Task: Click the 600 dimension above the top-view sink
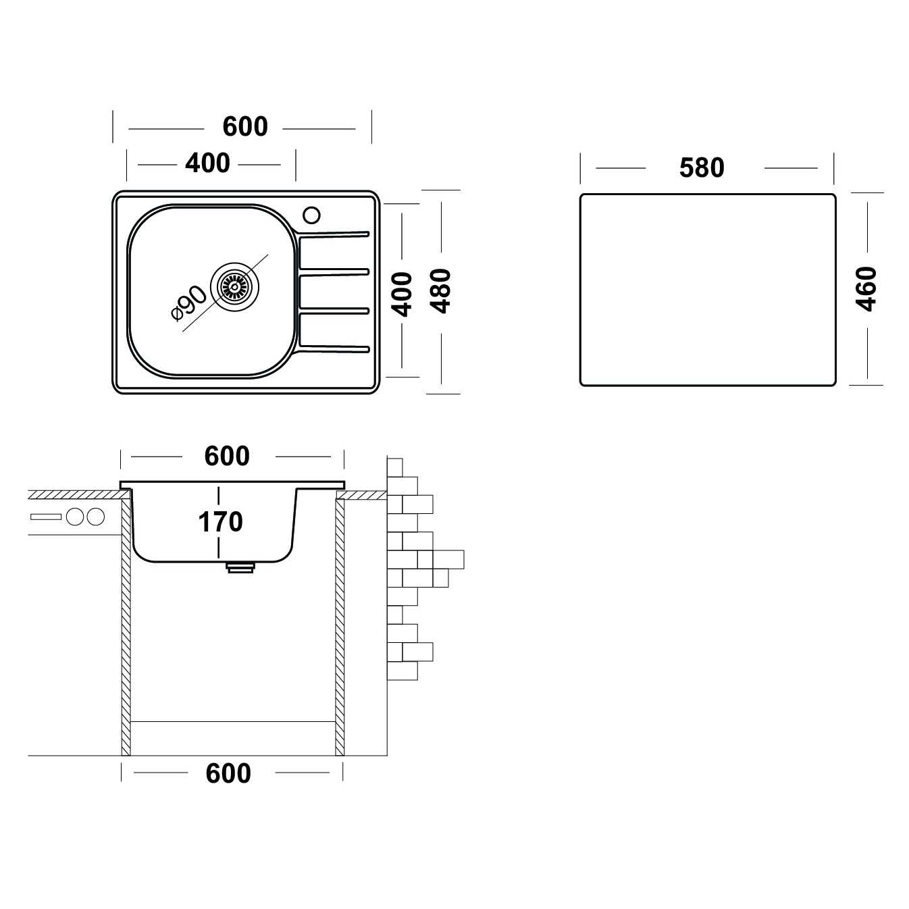[x=245, y=126]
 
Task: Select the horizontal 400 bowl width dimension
[x=207, y=163]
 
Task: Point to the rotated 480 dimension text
[x=442, y=291]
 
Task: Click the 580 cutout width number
[x=702, y=168]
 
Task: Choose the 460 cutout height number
[x=866, y=288]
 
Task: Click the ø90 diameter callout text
[x=188, y=303]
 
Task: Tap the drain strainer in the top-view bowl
[x=234, y=286]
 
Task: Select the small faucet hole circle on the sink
[x=312, y=215]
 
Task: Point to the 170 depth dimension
[x=220, y=522]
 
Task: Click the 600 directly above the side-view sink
[x=227, y=456]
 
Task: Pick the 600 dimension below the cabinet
[x=228, y=773]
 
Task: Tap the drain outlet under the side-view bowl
[x=241, y=567]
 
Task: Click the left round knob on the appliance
[x=75, y=517]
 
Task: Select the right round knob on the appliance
[x=95, y=517]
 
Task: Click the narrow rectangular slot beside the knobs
[x=46, y=517]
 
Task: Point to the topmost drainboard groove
[x=334, y=234]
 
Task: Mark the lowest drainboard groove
[x=334, y=348]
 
